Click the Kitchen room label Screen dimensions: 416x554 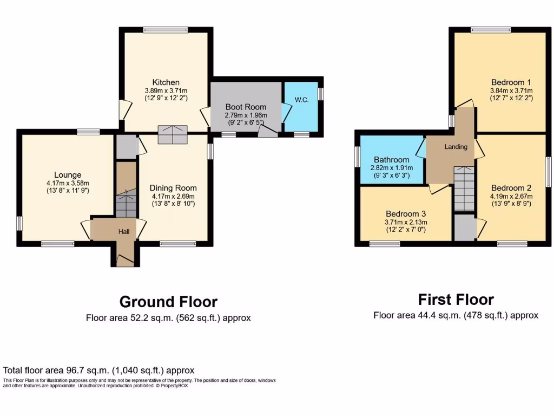[166, 82]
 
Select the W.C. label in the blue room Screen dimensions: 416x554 [302, 99]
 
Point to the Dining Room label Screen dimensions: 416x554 [173, 188]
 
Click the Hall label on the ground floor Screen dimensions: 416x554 [124, 231]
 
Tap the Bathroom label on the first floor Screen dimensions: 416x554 [391, 160]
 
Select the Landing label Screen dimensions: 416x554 [456, 147]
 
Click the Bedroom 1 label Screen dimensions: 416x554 [511, 82]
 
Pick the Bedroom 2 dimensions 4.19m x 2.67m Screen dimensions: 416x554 [511, 196]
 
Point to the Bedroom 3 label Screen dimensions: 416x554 [405, 213]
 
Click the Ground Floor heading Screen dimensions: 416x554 [168, 302]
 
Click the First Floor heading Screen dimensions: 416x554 [456, 300]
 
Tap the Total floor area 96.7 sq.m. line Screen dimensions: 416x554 [98, 370]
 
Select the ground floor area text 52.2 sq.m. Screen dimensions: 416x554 [168, 318]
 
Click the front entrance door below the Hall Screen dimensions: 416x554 [126, 263]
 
